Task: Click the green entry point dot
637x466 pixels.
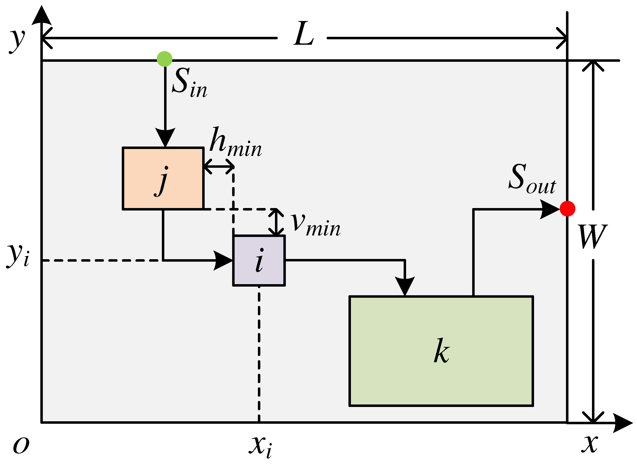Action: tap(165, 59)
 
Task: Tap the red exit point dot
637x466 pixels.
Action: tap(567, 209)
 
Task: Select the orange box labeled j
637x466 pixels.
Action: tap(163, 179)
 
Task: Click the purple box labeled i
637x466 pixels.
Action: tap(259, 261)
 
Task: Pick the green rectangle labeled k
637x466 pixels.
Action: tap(441, 351)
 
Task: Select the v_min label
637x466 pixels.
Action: tap(316, 225)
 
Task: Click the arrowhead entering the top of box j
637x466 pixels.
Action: tap(165, 137)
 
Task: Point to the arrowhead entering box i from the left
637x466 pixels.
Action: tap(223, 261)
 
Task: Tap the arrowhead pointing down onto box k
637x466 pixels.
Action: tap(405, 285)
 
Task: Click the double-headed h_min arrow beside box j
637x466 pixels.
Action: tap(219, 167)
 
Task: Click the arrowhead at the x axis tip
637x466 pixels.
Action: tap(623, 423)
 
